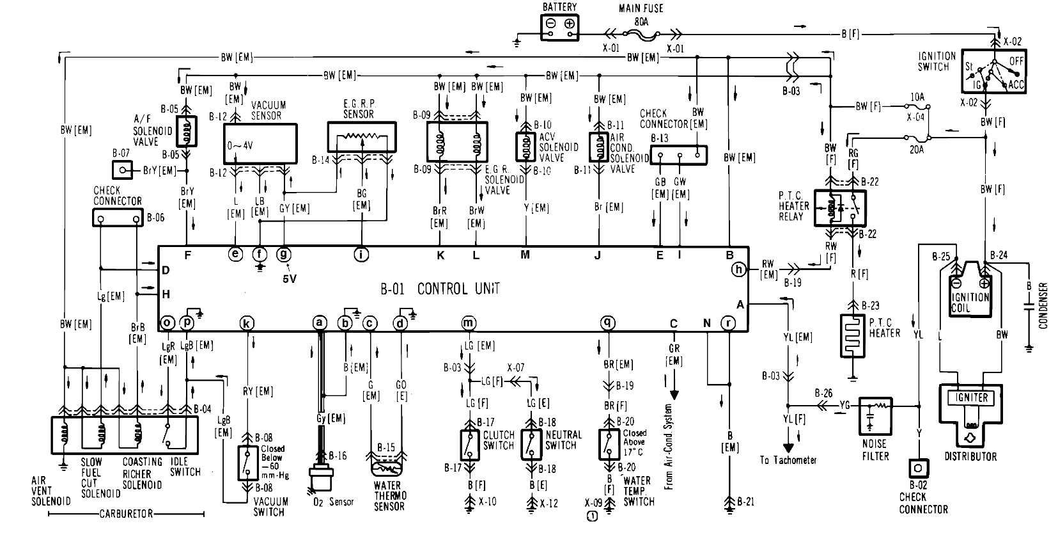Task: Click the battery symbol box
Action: [x=559, y=26]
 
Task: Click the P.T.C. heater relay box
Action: [x=839, y=208]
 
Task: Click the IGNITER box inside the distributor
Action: [x=971, y=397]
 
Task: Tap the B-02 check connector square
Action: [x=918, y=468]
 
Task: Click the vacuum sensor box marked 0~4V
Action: [x=260, y=145]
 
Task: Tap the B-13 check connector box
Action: [x=678, y=154]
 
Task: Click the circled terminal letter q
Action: [x=607, y=324]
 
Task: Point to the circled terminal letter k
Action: [x=246, y=324]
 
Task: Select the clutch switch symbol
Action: [x=471, y=445]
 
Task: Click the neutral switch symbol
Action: [x=531, y=445]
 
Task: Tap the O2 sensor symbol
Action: [x=320, y=479]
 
